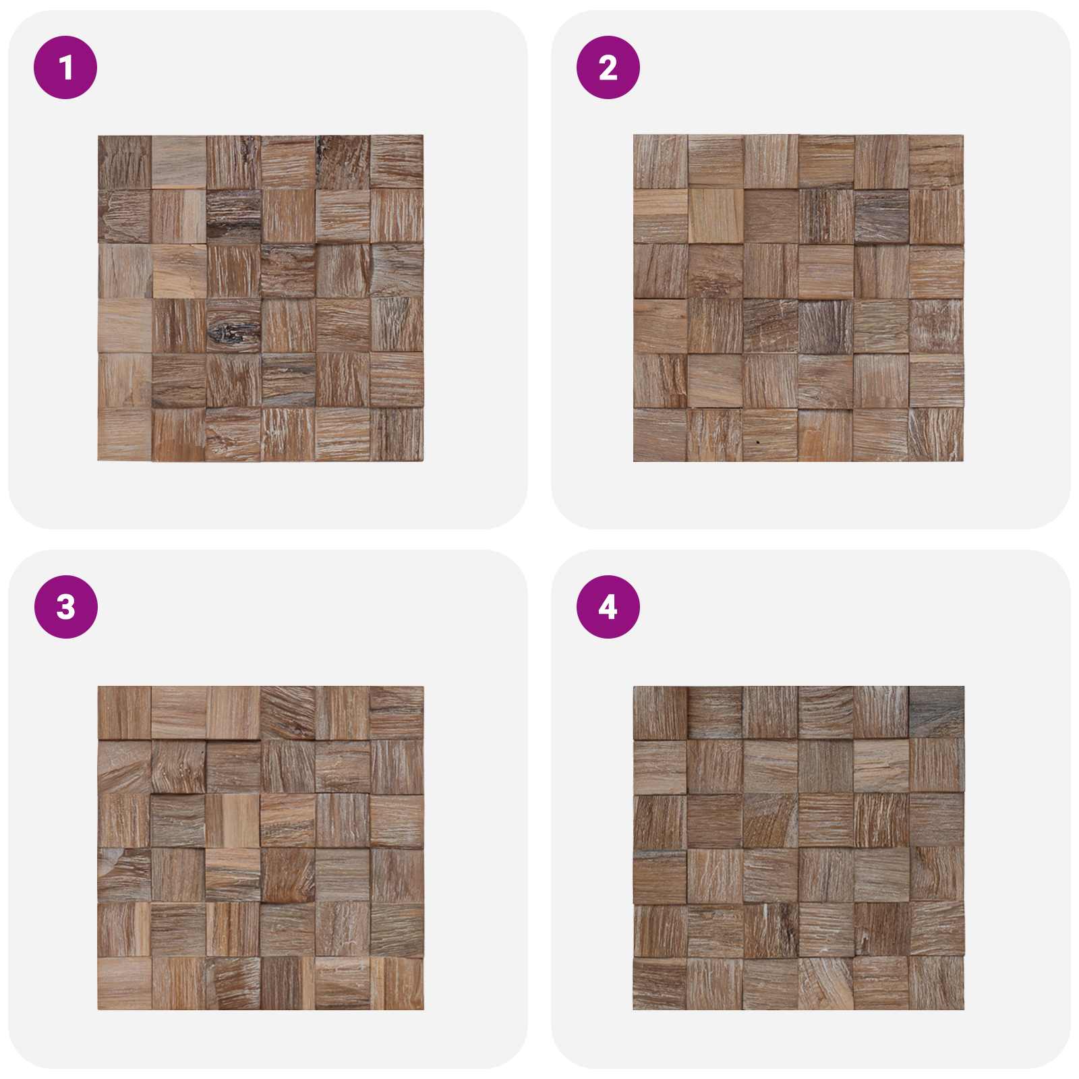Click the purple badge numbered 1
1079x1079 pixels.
(65, 67)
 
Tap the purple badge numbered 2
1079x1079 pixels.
(608, 67)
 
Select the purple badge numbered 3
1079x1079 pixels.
(65, 607)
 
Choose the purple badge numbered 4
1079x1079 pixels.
(608, 607)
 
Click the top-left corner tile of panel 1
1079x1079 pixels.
(125, 163)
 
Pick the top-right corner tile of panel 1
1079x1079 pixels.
(397, 162)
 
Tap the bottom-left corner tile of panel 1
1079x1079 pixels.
(125, 434)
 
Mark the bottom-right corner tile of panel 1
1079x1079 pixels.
(397, 434)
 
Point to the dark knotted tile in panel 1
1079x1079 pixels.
(233, 325)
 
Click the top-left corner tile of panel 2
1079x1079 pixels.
(661, 162)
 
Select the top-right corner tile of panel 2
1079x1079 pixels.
(936, 162)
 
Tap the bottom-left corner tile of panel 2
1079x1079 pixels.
(661, 434)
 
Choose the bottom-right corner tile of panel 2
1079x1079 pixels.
(936, 434)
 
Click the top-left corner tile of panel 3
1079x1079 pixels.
(125, 713)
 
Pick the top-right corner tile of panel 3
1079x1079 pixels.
(397, 713)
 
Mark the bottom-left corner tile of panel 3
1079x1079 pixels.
(125, 983)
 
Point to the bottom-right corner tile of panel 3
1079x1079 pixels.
(397, 983)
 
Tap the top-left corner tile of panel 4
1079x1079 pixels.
(661, 713)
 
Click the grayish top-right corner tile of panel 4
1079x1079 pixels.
(937, 712)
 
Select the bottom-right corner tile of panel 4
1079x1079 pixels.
(937, 983)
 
